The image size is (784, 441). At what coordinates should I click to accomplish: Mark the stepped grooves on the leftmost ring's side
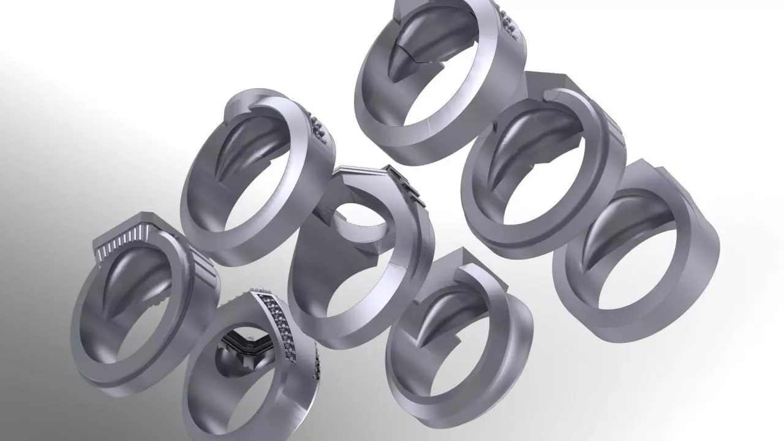click(x=205, y=269)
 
